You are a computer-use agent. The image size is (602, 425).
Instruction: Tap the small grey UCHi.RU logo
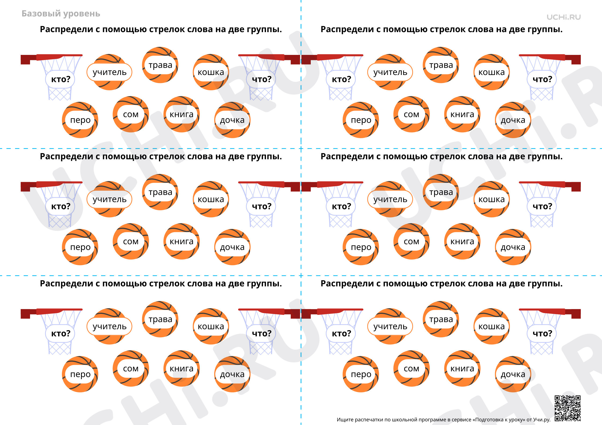tap(564, 17)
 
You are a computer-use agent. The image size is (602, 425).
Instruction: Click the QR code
tap(567, 408)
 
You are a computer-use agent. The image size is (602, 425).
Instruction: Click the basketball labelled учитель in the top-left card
tap(109, 72)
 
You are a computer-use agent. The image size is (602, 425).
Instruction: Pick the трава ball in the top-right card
tap(441, 65)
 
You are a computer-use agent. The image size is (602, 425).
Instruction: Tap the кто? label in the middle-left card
tap(61, 206)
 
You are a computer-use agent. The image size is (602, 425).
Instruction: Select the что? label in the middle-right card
tap(542, 206)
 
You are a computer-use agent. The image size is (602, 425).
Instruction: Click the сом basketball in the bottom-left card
tap(131, 368)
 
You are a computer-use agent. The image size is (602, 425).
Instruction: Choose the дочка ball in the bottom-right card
tap(513, 374)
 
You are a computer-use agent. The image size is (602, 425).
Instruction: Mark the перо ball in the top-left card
tap(80, 120)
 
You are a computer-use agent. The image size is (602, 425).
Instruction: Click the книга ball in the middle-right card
tap(462, 241)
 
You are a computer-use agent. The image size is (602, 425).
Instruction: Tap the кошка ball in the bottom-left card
tap(211, 326)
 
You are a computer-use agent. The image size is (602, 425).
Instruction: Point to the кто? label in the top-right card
tap(341, 79)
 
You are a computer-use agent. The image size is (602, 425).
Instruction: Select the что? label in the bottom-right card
tap(542, 333)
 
